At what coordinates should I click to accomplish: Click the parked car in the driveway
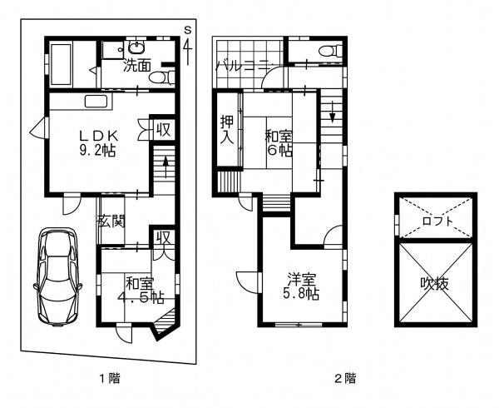point(58,277)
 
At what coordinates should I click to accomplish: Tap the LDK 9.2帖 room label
point(98,143)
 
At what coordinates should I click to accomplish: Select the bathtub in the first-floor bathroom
point(61,65)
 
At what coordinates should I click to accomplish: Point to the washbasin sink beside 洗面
point(137,47)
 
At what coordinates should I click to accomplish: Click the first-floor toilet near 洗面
point(161,77)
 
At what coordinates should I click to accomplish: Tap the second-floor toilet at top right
point(331,51)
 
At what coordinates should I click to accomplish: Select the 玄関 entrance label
point(111,221)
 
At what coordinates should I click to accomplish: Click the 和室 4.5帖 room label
point(141,291)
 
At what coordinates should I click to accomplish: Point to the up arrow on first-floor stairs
point(166,167)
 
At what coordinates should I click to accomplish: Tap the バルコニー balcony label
point(244,67)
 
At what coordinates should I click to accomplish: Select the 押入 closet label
point(228,129)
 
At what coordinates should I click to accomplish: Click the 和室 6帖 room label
point(279,144)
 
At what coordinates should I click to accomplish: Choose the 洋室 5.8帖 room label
point(301,286)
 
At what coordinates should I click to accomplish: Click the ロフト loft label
point(438,221)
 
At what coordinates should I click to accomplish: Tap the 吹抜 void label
point(435,283)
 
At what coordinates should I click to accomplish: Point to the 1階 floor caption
point(110,378)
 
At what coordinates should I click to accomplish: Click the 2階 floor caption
point(346,378)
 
